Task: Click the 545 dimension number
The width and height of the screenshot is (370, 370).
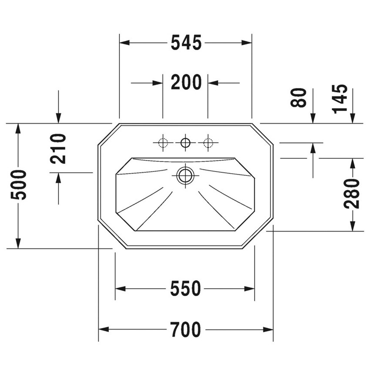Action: point(186,43)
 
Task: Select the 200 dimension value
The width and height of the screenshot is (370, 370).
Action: point(186,82)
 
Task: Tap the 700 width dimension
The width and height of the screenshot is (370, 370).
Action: point(186,330)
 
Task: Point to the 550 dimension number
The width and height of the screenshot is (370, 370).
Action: point(185,288)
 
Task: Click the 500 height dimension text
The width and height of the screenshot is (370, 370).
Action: point(19,185)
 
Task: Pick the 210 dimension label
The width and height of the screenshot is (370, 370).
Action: point(58,149)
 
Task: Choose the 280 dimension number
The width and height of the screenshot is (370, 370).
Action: point(351,194)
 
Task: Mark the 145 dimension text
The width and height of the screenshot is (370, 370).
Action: point(340,99)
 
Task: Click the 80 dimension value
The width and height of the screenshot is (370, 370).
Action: point(299,98)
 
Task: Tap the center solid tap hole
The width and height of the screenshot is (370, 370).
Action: point(185,142)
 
